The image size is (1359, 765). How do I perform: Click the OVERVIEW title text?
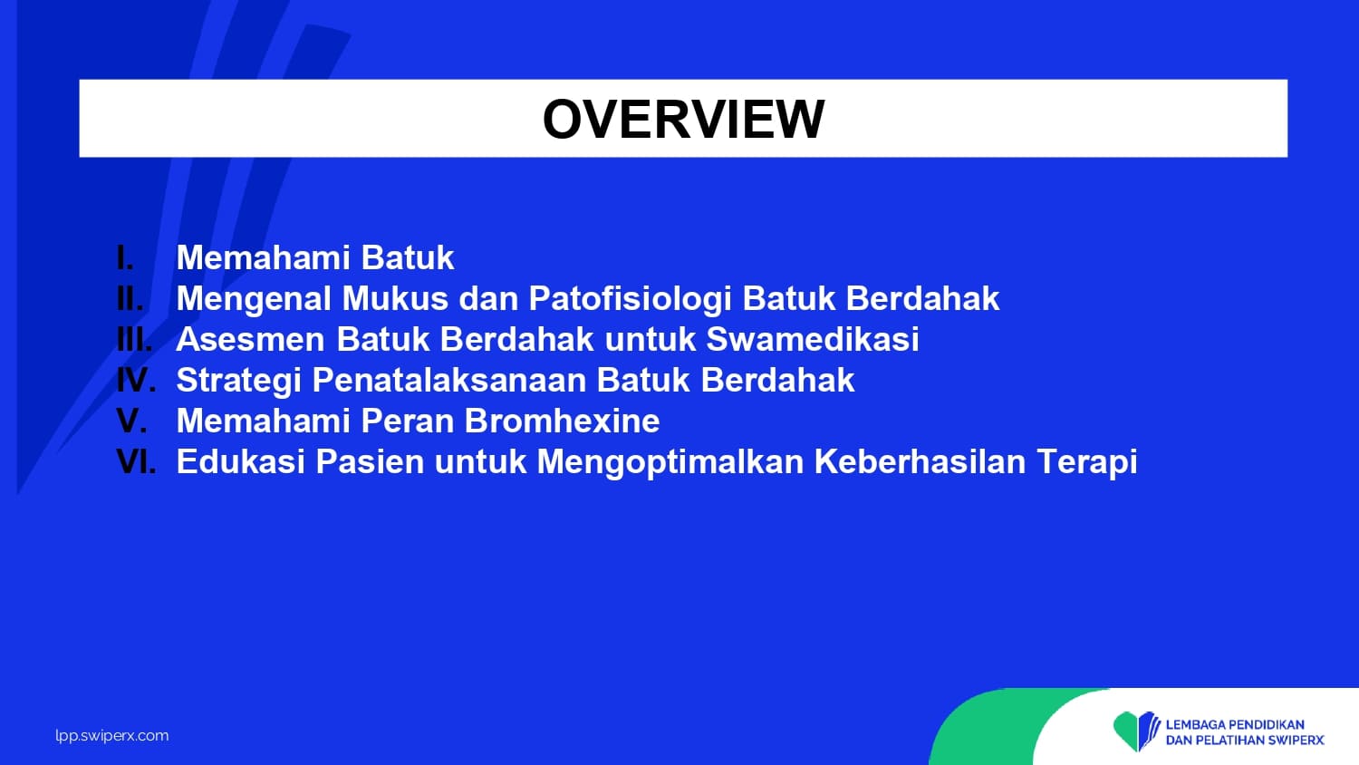pyautogui.click(x=683, y=119)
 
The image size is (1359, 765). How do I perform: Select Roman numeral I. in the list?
pyautogui.click(x=125, y=257)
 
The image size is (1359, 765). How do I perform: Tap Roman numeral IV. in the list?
pyautogui.click(x=136, y=380)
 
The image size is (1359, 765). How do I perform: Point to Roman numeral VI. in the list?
pyautogui.click(x=136, y=461)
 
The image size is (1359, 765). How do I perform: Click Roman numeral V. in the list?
pyautogui.click(x=131, y=421)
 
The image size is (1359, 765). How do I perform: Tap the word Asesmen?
pyautogui.click(x=251, y=339)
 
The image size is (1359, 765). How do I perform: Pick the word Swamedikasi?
pyautogui.click(x=813, y=339)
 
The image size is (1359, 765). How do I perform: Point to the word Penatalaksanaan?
pyautogui.click(x=449, y=380)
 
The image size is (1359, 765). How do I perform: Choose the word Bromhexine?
pyautogui.click(x=562, y=421)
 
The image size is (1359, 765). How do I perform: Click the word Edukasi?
pyautogui.click(x=240, y=461)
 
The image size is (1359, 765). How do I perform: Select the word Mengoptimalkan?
pyautogui.click(x=670, y=463)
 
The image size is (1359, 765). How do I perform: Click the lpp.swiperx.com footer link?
pyautogui.click(x=112, y=737)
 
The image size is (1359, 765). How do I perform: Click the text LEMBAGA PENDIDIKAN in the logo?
pyautogui.click(x=1235, y=724)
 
